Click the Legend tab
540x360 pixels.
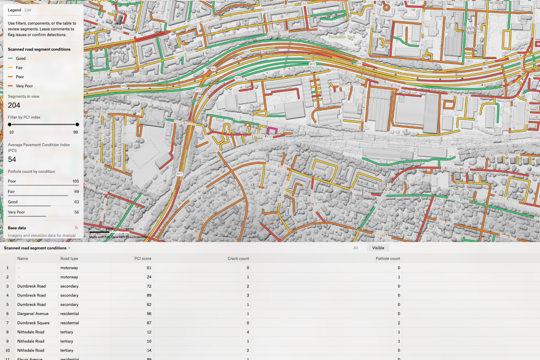coord(14,9)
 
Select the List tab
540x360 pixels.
coord(28,9)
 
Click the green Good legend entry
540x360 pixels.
coord(21,58)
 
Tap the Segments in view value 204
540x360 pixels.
coord(14,105)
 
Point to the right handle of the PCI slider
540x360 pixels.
coord(77,125)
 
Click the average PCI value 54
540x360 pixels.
coord(12,160)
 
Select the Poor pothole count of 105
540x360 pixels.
coord(76,181)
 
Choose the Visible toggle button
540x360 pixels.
coord(378,248)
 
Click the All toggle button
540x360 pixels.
coord(355,248)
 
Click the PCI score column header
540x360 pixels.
coord(143,259)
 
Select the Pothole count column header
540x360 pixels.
coord(387,259)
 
